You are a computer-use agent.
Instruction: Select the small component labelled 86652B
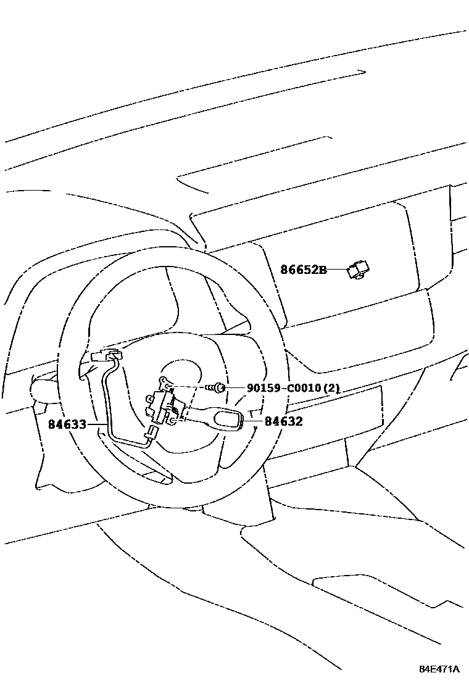click(359, 270)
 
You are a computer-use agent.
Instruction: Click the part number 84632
click(283, 422)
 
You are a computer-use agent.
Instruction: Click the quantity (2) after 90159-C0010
click(332, 389)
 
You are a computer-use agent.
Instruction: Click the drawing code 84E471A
click(439, 669)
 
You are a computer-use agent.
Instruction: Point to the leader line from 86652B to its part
click(337, 270)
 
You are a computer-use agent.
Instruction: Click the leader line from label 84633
click(96, 424)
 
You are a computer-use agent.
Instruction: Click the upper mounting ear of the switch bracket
click(165, 382)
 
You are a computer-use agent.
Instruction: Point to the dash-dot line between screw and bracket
click(191, 387)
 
